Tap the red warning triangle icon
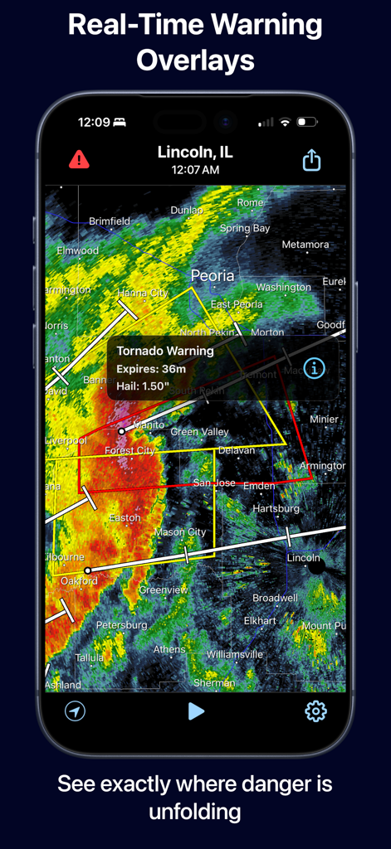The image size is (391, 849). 80,159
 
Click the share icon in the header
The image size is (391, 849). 311,160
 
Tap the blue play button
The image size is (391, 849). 196,711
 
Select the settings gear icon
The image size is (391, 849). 315,711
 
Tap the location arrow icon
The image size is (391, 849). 76,711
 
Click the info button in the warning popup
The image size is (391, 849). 314,368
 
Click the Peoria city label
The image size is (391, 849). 213,275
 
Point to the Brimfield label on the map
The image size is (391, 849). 110,221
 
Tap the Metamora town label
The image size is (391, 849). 305,245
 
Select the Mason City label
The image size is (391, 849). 180,532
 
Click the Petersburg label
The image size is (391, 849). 121,624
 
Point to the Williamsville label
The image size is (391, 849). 235,654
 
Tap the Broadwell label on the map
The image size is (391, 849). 275,598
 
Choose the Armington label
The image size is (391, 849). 322,467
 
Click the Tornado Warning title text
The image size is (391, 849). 165,351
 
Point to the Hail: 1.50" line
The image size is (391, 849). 144,385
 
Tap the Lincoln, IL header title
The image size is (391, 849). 195,153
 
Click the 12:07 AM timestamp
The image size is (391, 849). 195,170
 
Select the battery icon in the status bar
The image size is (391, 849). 307,122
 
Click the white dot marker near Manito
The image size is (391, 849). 121,431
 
